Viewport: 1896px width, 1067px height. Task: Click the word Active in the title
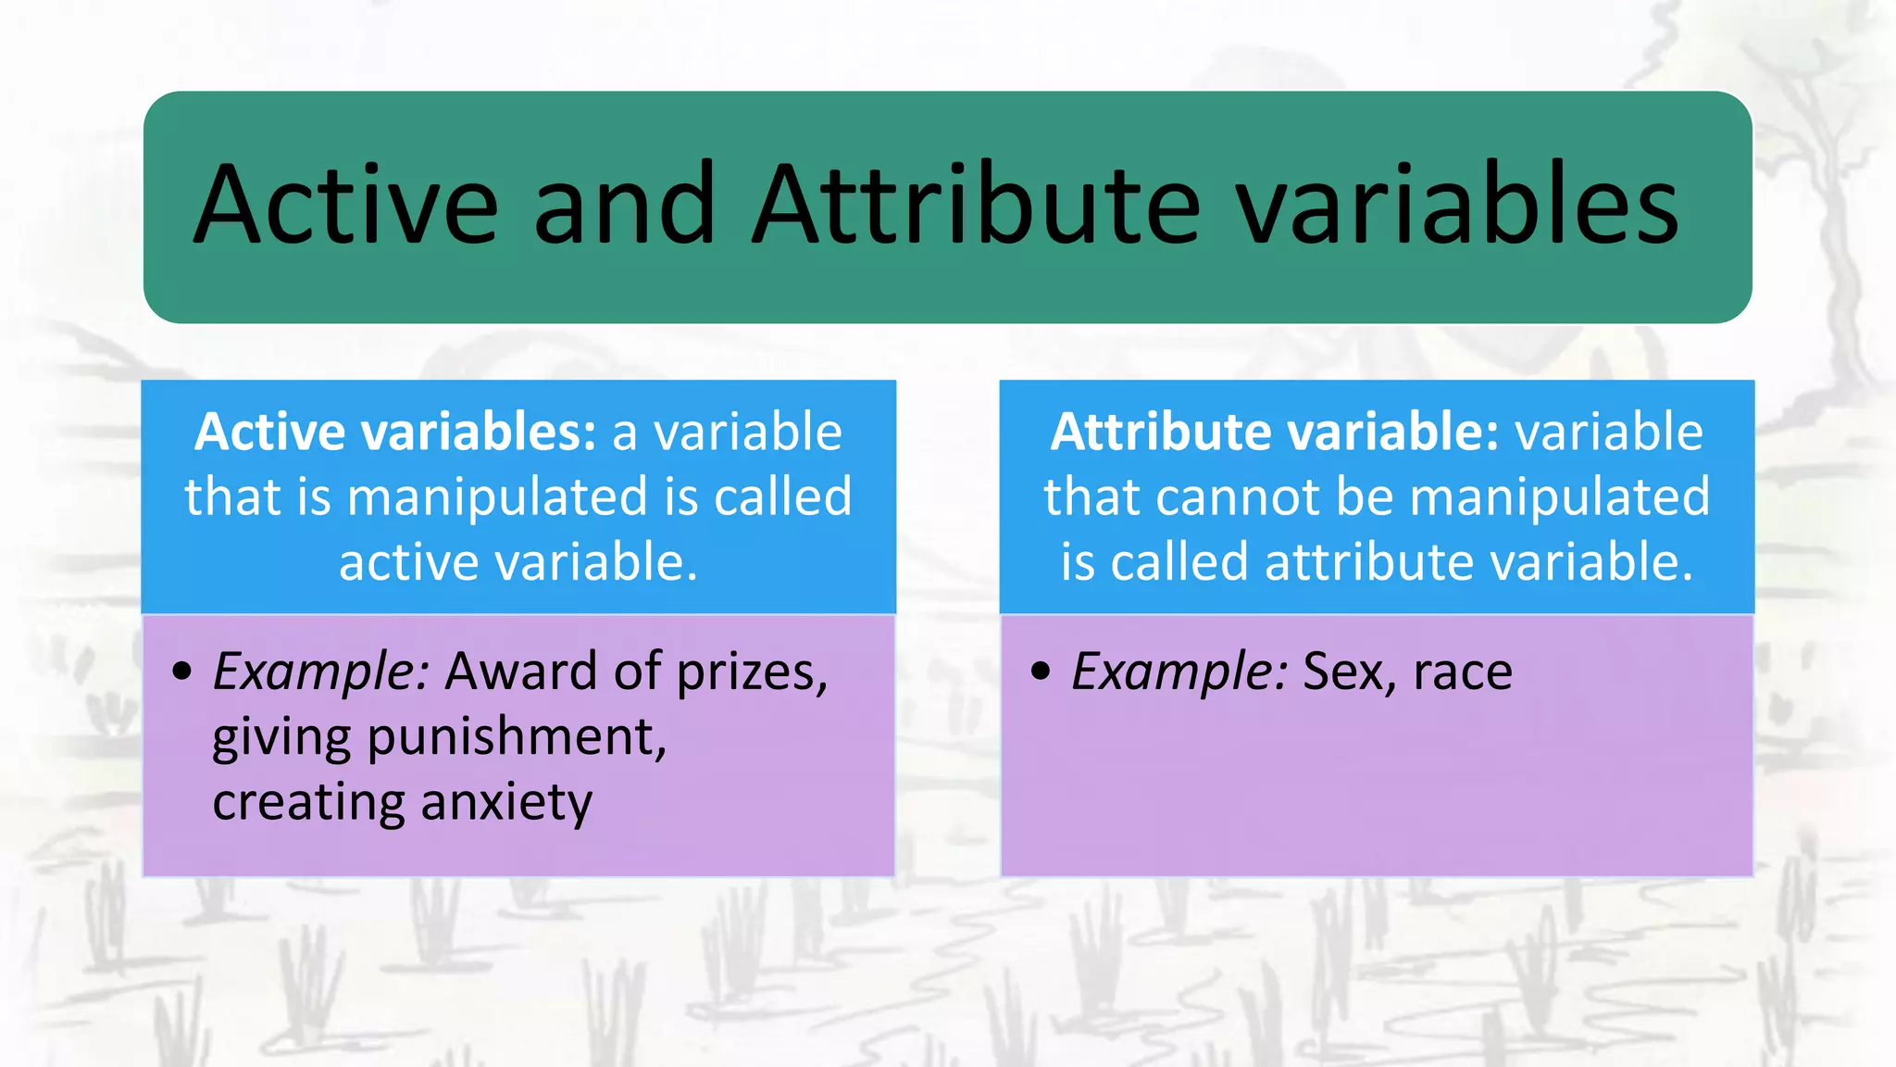(x=345, y=205)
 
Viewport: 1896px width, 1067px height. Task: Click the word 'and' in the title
(x=625, y=205)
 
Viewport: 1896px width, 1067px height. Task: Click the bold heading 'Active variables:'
(x=395, y=433)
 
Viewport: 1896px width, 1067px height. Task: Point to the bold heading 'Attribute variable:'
(x=1274, y=433)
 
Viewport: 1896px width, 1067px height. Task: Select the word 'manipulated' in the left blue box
(x=498, y=496)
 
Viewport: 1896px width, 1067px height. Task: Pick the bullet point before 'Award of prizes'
(x=182, y=672)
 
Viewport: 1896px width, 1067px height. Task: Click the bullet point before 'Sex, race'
(x=1041, y=672)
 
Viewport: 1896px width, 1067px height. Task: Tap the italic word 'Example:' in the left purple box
(x=320, y=672)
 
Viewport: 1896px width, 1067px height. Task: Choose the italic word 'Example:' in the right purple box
(x=1179, y=672)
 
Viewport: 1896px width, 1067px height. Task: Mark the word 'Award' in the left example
(x=521, y=672)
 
